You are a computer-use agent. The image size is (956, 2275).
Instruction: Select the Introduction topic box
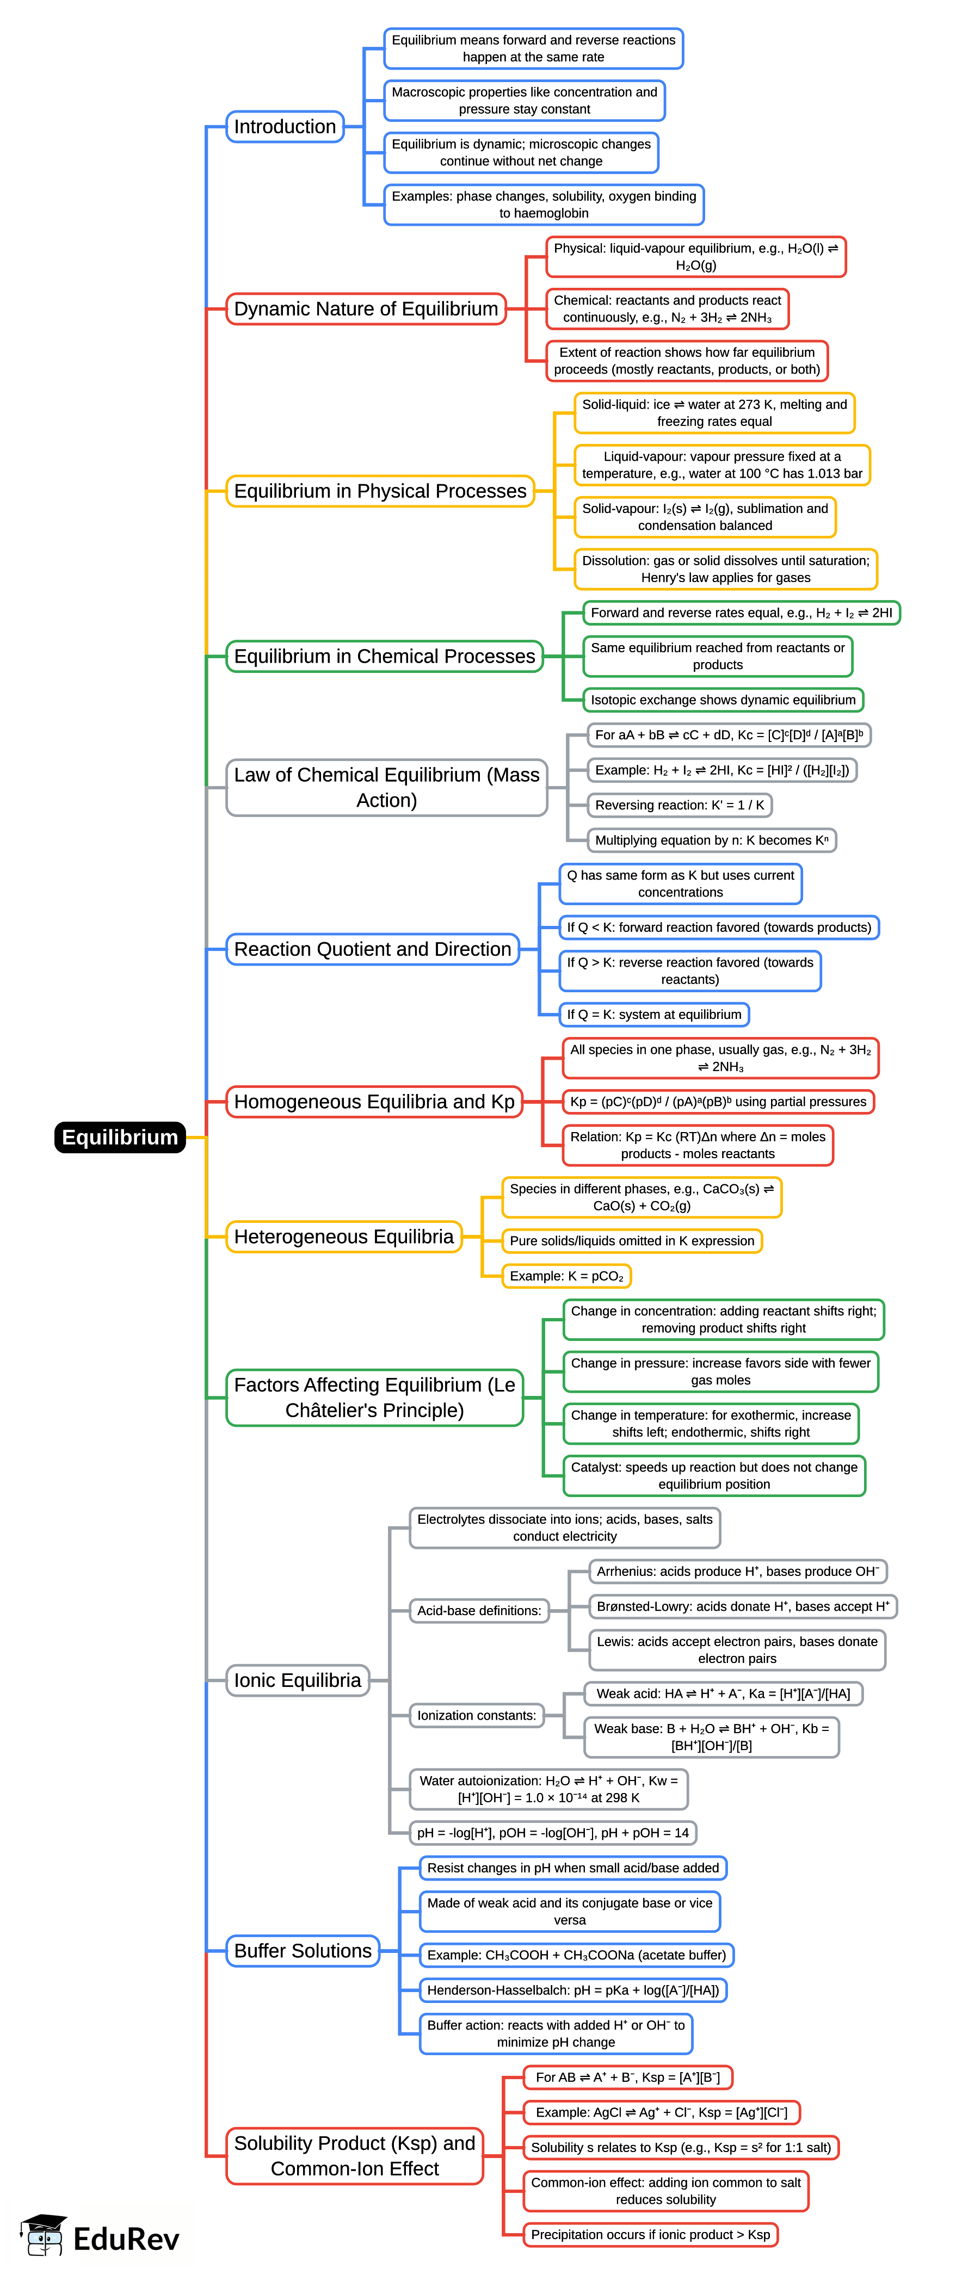285,126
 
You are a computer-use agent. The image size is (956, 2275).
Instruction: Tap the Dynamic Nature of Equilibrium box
366,309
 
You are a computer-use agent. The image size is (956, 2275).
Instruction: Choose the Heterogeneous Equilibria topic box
344,1237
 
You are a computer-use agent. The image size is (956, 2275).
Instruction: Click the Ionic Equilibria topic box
297,1680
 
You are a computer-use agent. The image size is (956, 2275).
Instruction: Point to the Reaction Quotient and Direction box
372,949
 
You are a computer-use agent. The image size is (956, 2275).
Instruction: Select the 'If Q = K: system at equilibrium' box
654,1014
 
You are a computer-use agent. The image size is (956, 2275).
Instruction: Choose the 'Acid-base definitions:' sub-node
479,1610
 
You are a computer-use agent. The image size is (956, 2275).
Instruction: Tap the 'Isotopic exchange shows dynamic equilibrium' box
723,700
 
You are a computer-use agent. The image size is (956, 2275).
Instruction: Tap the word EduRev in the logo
126,2239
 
